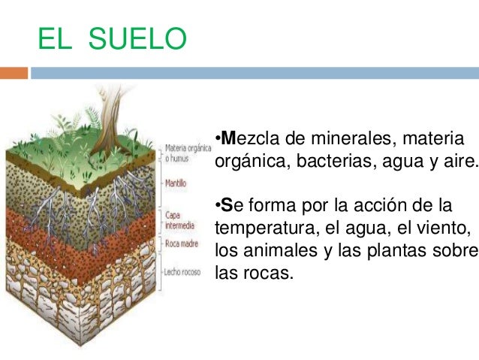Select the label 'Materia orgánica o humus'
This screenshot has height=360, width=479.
[185, 153]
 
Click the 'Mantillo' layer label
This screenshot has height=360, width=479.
[176, 183]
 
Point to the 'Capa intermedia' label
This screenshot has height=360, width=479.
[179, 219]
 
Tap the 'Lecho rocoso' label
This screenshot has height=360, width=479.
[182, 271]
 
